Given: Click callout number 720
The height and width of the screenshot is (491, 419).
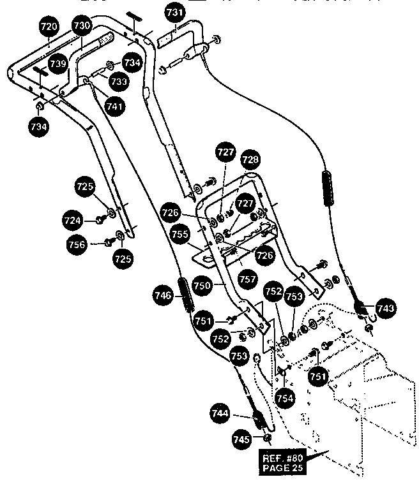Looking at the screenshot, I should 50,27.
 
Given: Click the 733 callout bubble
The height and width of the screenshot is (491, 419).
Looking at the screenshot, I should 118,82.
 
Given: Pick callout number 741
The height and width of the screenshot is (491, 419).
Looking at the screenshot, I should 116,107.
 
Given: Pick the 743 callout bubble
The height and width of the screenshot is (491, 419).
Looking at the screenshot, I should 385,309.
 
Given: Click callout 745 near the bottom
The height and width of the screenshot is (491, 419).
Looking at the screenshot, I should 241,439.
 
